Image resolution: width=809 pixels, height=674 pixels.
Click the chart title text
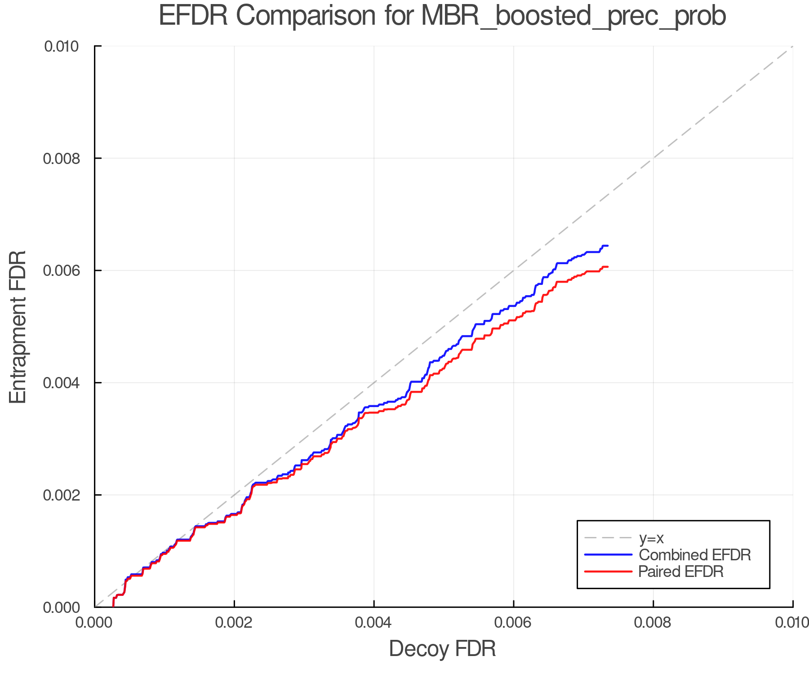point(442,16)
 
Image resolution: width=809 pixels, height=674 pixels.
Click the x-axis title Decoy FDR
point(442,649)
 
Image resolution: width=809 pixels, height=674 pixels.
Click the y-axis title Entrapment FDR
point(18,327)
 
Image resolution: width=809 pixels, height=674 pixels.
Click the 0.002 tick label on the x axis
point(234,623)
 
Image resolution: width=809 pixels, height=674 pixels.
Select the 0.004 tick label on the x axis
point(374,623)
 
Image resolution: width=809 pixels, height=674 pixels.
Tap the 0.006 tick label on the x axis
point(514,623)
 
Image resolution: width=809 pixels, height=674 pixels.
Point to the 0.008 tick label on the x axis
point(653,623)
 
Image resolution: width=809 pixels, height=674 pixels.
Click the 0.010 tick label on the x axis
point(792,623)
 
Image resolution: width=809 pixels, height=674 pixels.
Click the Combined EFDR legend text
point(695,555)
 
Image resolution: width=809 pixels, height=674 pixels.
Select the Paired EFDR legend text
point(681,572)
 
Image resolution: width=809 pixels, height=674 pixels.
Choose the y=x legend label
point(651,538)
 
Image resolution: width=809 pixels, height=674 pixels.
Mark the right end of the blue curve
point(608,246)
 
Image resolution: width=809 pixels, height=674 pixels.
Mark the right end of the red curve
point(608,267)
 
